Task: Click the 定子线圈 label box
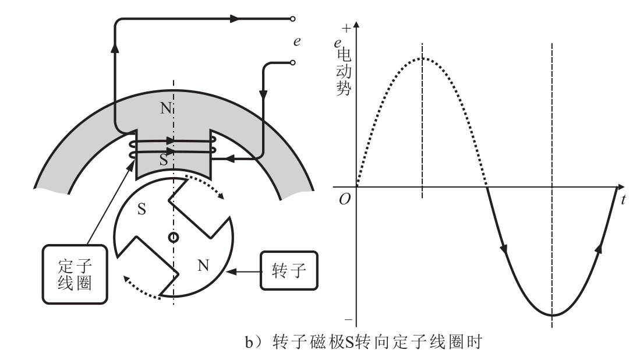tap(75, 274)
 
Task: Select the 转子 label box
tap(289, 271)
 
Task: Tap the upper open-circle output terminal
tap(292, 19)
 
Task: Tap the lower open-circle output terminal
tap(292, 62)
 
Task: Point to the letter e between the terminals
tap(297, 41)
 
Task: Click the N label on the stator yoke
tap(165, 108)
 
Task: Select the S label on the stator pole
tap(163, 160)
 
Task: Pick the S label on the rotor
tap(142, 209)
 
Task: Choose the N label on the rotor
tap(203, 265)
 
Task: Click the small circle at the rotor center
tap(174, 237)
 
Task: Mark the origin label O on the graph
tap(345, 199)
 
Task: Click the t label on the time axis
tap(623, 200)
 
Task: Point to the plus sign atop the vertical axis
tap(346, 28)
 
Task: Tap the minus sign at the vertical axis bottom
tap(348, 320)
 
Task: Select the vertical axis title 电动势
tap(344, 72)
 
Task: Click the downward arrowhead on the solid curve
tap(505, 248)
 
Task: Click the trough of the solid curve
tap(552, 315)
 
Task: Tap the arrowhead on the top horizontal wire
tap(235, 19)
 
